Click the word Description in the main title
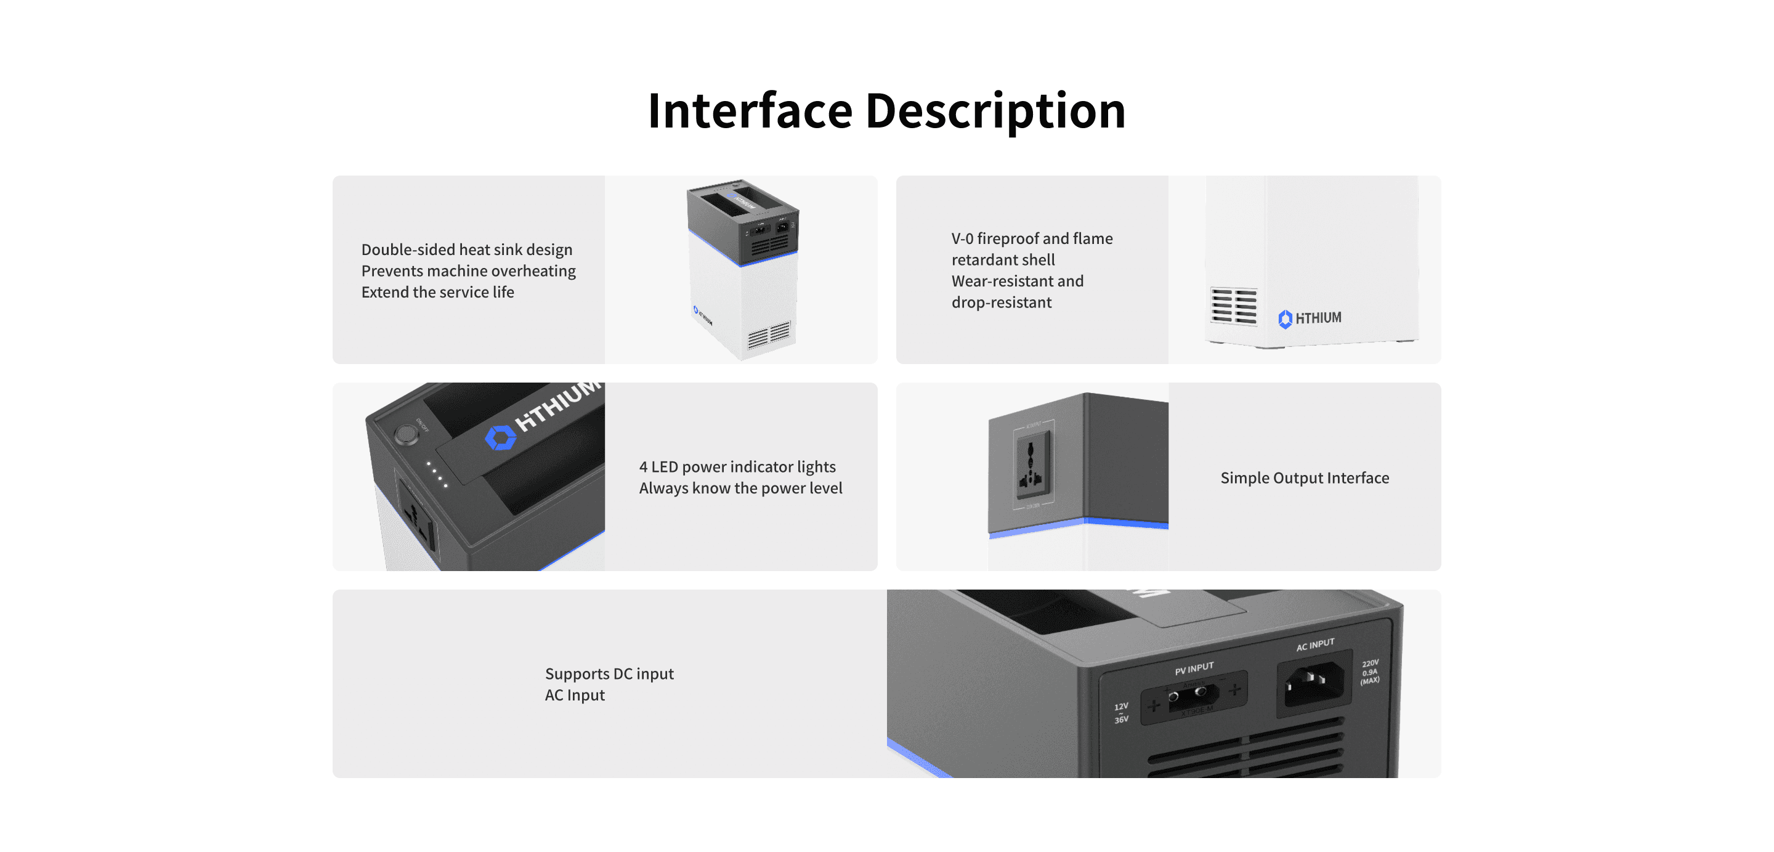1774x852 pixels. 995,111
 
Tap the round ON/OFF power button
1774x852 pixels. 406,434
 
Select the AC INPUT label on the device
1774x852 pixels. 1314,644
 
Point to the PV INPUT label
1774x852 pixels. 1194,668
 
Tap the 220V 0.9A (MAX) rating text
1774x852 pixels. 1369,671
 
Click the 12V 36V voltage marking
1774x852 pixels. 1121,713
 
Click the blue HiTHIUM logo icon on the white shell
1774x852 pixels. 1284,319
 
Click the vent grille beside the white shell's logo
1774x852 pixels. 1233,306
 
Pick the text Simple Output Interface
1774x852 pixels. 1305,478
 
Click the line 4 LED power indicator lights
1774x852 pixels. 737,467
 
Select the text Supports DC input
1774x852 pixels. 609,673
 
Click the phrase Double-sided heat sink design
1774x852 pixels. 466,250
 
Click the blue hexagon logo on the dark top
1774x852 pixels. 501,437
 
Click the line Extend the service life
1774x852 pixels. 437,292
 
